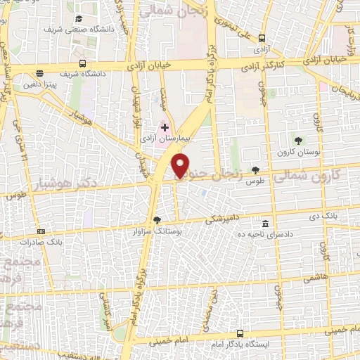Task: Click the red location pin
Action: click(x=181, y=167)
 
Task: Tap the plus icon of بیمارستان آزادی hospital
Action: click(x=165, y=128)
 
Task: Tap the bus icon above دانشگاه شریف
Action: click(x=83, y=63)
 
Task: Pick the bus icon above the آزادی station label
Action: click(x=262, y=38)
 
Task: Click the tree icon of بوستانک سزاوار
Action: click(x=156, y=220)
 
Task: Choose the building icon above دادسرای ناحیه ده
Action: click(x=265, y=223)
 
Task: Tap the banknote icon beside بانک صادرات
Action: click(x=41, y=231)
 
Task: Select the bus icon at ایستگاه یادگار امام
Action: click(x=240, y=333)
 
